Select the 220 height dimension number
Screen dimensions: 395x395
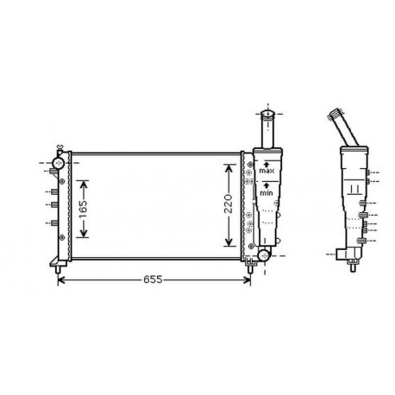229,204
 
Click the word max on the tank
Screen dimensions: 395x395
267,172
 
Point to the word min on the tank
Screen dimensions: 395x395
267,195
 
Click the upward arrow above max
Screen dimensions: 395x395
267,164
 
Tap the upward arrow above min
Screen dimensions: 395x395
267,186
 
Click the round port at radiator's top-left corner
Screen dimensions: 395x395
59,162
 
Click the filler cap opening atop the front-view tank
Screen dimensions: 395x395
266,114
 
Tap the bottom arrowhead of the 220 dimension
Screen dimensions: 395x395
229,244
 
